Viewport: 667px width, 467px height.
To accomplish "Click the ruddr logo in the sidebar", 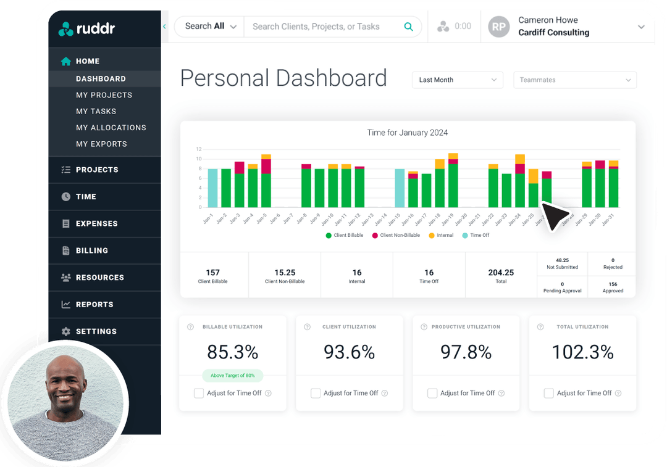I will click(86, 28).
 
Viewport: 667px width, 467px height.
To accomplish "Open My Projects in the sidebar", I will click(104, 95).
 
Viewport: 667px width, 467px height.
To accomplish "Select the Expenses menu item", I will click(96, 223).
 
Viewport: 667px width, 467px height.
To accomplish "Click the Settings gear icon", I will click(66, 331).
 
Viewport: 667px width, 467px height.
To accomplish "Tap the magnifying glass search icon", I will click(408, 27).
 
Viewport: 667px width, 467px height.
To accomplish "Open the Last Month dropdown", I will click(458, 80).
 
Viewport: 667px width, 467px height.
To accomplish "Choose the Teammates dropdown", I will click(574, 80).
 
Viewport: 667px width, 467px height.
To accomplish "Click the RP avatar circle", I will click(499, 27).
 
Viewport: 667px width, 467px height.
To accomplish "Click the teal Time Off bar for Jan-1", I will click(212, 188).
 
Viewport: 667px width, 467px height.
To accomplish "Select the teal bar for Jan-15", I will click(400, 188).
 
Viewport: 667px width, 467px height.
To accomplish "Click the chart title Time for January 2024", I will click(407, 133).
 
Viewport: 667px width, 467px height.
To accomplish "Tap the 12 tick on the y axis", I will click(199, 149).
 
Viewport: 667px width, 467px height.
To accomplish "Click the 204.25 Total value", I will click(501, 273).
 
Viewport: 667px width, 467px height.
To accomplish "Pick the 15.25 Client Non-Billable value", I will click(285, 273).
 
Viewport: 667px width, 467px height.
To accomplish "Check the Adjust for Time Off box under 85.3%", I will click(199, 393).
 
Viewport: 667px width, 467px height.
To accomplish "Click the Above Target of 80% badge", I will click(232, 375).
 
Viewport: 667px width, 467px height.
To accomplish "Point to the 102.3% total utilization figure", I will click(582, 352).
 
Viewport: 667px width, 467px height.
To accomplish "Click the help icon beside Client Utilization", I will click(307, 327).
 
